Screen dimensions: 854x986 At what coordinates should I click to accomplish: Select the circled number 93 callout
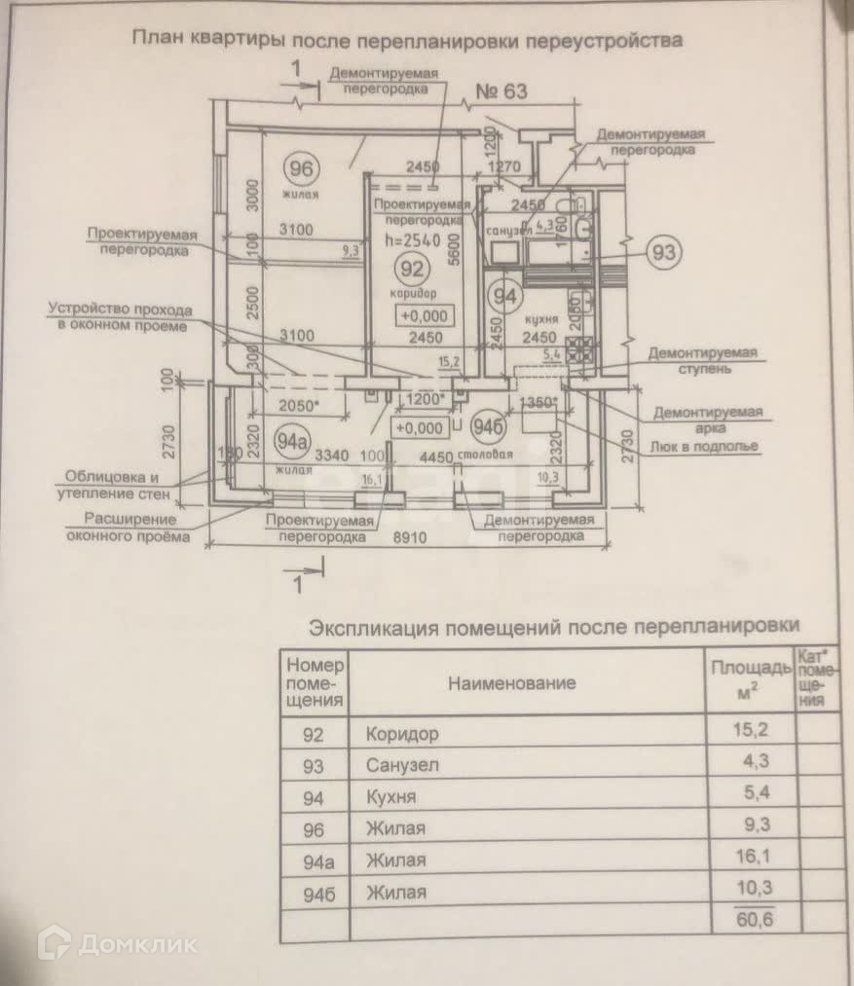pos(664,253)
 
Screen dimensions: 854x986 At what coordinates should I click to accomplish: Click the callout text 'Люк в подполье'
pos(706,448)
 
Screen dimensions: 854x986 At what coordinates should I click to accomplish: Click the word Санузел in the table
pos(402,765)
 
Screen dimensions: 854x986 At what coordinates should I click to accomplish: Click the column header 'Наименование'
pos(511,682)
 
